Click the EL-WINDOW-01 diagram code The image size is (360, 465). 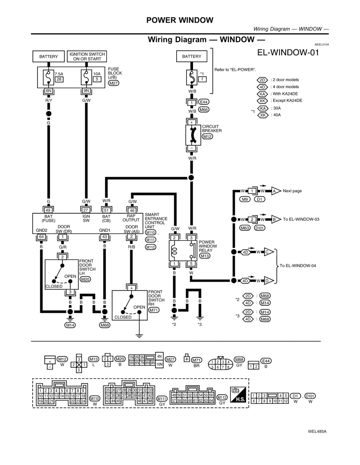tap(288, 53)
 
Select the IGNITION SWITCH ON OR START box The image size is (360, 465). tap(87, 56)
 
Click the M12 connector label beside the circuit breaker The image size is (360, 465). tap(207, 137)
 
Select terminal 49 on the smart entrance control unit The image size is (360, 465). tap(48, 210)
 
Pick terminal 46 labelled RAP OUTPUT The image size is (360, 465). tap(132, 210)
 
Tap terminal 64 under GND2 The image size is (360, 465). tap(41, 237)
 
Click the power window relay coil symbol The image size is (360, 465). tap(174, 250)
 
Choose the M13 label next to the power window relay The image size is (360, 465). tap(204, 256)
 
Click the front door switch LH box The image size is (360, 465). tap(62, 274)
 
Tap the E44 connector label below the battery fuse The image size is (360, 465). tap(204, 102)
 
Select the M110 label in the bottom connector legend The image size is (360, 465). tap(95, 398)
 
